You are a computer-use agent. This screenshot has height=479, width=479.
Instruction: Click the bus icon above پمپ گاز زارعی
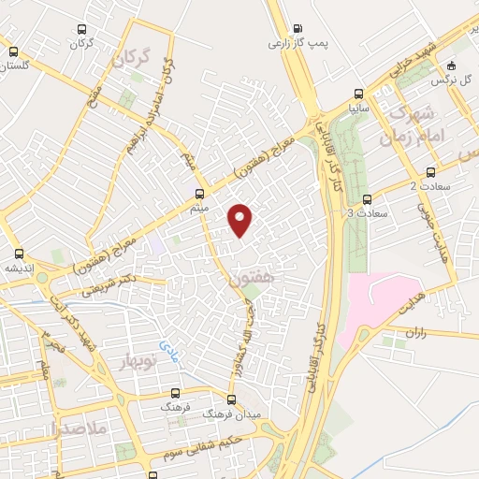[x=298, y=28]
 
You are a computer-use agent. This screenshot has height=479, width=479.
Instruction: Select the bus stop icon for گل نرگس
[x=452, y=65]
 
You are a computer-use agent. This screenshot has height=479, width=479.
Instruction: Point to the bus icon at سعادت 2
[x=430, y=172]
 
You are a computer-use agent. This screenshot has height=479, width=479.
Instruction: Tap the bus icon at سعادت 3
[x=367, y=198]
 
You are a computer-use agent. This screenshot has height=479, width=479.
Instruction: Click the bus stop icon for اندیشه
[x=18, y=254]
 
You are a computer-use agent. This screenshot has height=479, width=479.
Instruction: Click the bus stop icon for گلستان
[x=13, y=52]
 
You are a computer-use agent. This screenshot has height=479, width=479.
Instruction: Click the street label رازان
[x=415, y=331]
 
